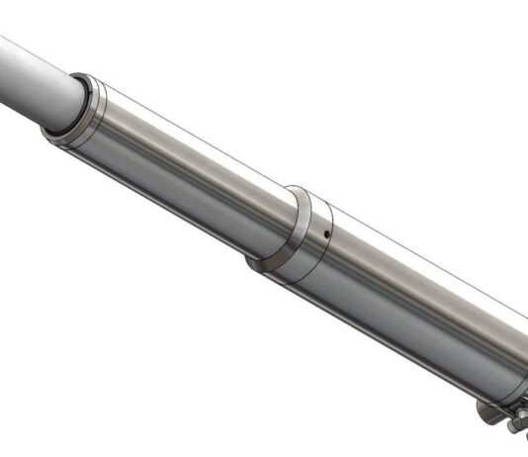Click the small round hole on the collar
point(325,234)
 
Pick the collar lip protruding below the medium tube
point(259,264)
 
